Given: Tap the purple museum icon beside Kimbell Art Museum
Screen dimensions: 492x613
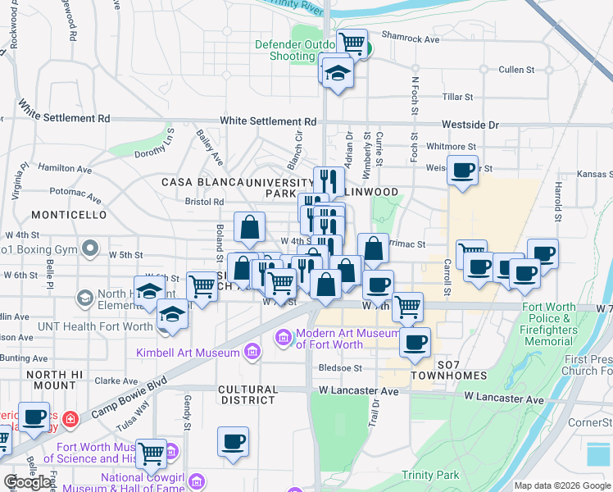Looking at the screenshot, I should pyautogui.click(x=252, y=353).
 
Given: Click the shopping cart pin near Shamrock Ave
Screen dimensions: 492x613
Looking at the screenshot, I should pyautogui.click(x=352, y=43).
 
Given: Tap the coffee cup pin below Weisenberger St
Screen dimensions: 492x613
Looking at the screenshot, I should pyautogui.click(x=463, y=171).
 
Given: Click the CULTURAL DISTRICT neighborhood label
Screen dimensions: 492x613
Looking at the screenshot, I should pyautogui.click(x=247, y=394).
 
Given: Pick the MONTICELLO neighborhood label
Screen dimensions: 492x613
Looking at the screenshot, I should pyautogui.click(x=70, y=214).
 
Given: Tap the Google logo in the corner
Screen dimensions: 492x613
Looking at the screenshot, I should pyautogui.click(x=27, y=482).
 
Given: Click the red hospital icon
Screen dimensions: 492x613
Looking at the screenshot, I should pyautogui.click(x=71, y=419).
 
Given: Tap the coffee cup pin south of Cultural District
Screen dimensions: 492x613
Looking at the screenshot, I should pyautogui.click(x=233, y=441).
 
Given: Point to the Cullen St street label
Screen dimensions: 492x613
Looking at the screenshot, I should pyautogui.click(x=516, y=70).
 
